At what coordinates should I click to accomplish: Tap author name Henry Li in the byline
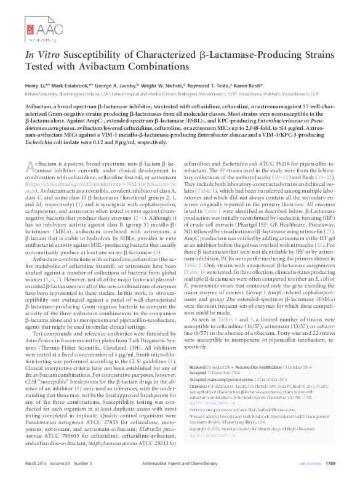(x=36, y=86)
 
